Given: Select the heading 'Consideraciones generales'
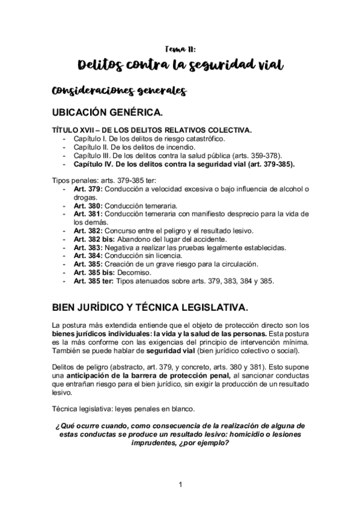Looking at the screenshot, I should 113,91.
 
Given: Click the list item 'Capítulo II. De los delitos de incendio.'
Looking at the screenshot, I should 133,147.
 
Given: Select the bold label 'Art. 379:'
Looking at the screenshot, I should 88,189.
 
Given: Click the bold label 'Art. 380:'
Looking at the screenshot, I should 88,205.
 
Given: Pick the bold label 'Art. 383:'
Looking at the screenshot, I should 88,247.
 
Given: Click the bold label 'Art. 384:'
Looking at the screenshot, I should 88,255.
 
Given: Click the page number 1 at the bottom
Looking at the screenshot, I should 180,484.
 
